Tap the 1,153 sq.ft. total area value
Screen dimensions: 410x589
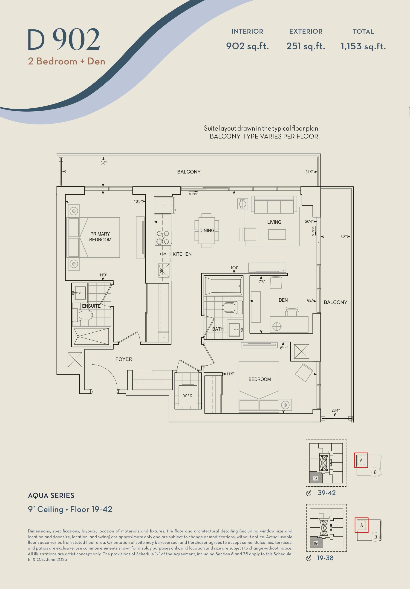point(363,46)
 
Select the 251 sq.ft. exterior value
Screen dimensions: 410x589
point(306,46)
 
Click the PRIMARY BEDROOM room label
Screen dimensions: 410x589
point(100,237)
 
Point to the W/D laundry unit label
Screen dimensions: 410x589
point(188,396)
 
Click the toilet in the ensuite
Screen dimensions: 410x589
point(82,315)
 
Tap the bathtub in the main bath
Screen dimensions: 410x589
point(223,286)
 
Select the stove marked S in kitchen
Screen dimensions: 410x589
point(163,237)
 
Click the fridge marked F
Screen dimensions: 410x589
point(164,205)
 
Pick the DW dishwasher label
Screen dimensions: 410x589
point(163,254)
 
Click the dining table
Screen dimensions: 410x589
point(207,231)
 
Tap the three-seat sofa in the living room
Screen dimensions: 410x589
point(274,205)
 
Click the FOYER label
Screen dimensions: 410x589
point(124,359)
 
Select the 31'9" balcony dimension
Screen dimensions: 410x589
point(309,172)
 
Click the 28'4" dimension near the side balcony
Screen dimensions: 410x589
point(335,410)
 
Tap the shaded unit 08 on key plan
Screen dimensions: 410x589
point(316,477)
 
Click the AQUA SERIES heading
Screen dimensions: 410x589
point(51,496)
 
